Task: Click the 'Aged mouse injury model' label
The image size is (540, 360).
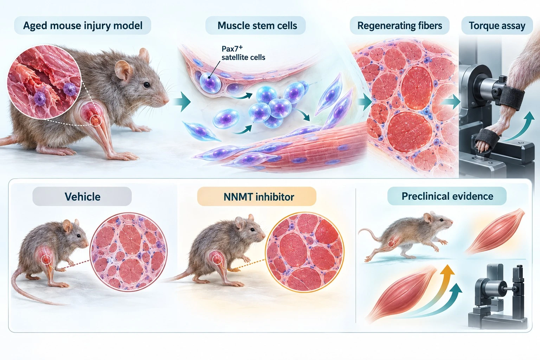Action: tap(83, 26)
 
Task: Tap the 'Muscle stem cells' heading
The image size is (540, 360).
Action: tap(257, 26)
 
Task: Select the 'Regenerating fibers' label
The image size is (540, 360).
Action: tap(399, 26)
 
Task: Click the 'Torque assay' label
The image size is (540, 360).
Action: tap(497, 26)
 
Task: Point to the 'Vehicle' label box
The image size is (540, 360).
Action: tap(82, 197)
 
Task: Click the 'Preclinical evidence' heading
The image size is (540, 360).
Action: tap(447, 196)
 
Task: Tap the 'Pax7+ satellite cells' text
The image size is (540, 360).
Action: tap(243, 53)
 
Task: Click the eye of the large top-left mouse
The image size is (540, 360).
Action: tap(147, 85)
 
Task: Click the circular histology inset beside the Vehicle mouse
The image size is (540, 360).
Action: tap(128, 252)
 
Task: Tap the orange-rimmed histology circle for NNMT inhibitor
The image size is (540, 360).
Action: tap(305, 252)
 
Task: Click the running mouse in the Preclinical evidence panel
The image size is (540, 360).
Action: tap(405, 236)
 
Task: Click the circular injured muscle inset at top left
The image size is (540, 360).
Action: tap(44, 82)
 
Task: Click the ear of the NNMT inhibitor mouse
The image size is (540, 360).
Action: tap(239, 223)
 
